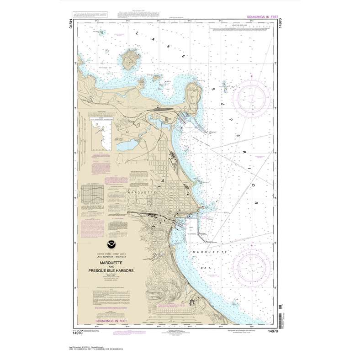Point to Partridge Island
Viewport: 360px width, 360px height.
pyautogui.click(x=130, y=59)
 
